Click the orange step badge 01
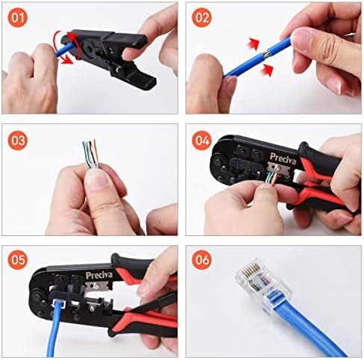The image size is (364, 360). (17, 18)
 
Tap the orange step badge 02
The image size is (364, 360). (201, 18)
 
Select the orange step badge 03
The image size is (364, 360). (17, 140)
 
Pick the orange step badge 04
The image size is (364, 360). (201, 140)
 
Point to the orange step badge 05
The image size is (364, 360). (17, 260)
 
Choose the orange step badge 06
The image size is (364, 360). (201, 260)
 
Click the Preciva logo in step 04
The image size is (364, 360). (283, 158)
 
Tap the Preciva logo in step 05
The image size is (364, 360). (99, 275)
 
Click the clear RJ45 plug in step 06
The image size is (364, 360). (263, 282)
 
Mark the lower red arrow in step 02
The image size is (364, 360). (267, 70)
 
